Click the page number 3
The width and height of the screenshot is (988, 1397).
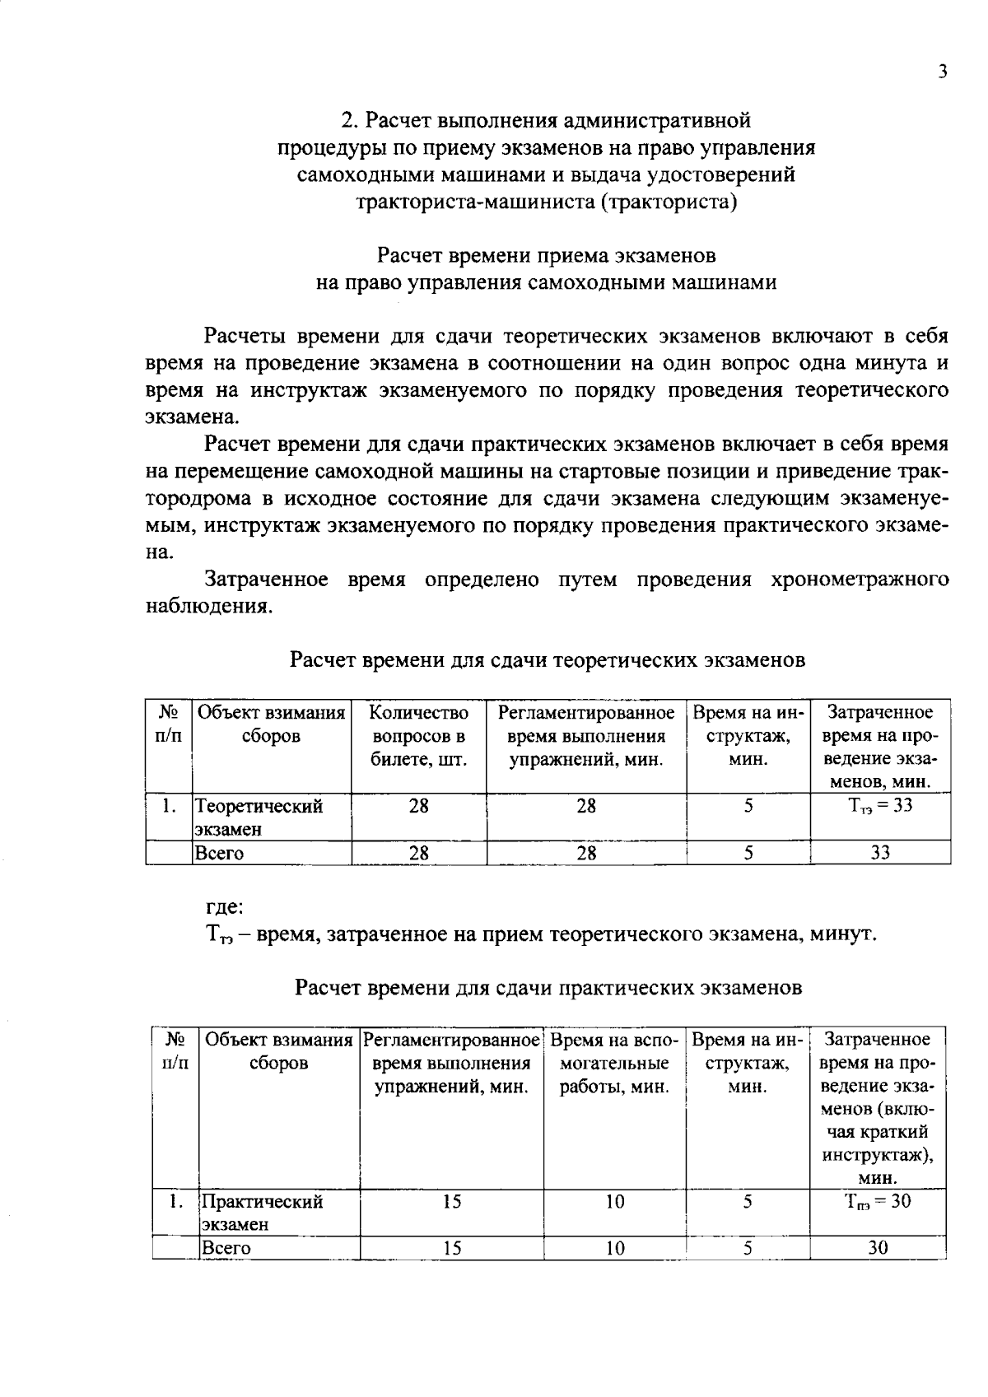(943, 72)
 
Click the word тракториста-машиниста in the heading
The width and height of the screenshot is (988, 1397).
(476, 202)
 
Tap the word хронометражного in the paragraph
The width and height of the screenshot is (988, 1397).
(860, 580)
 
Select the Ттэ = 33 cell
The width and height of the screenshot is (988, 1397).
(880, 806)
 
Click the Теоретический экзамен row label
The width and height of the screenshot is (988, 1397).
(259, 817)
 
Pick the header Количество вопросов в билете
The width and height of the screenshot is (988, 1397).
(418, 736)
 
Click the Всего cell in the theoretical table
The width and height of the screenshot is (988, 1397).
(219, 854)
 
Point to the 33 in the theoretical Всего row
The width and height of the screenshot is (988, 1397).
(880, 854)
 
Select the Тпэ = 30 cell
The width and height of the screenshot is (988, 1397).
(878, 1201)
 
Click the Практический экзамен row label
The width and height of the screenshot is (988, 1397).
(263, 1212)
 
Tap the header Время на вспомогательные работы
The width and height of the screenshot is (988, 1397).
(614, 1063)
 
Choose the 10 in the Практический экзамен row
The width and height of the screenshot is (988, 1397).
(615, 1202)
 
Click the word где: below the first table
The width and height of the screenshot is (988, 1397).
(223, 907)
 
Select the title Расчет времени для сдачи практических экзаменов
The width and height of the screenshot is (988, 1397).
(548, 987)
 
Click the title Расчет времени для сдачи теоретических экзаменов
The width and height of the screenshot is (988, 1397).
(548, 660)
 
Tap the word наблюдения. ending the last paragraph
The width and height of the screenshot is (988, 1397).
(208, 608)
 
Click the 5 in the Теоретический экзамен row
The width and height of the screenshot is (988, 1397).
(748, 806)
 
